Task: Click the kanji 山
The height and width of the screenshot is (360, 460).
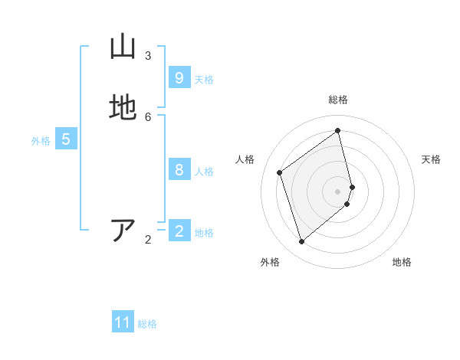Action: coord(122,47)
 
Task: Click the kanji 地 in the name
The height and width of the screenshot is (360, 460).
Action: coord(122,108)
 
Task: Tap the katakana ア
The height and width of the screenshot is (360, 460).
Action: coord(123,231)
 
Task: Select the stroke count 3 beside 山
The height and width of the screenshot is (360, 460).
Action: coord(148,55)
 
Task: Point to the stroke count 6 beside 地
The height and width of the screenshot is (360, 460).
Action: coord(148,116)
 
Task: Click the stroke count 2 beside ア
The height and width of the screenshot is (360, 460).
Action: coord(148,240)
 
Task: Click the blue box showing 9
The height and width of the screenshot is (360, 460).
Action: coord(179,78)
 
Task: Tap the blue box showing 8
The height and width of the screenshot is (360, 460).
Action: coord(179,170)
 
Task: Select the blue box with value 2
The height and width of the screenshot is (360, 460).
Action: coord(179,231)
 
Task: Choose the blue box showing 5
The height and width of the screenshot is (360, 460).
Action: coord(66,139)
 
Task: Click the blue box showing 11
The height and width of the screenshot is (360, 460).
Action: coord(123,322)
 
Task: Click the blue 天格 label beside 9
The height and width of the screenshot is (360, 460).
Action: coord(204,80)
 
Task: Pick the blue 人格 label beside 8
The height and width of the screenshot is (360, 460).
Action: coord(204,172)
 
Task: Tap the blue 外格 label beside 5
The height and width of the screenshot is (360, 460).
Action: coord(41,141)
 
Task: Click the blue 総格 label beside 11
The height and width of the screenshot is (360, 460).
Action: coord(147,324)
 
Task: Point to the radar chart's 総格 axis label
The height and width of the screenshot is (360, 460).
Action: coord(338,100)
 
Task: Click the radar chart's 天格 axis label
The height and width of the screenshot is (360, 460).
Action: coord(431,159)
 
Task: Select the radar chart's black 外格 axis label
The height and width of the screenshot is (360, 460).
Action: coord(270,262)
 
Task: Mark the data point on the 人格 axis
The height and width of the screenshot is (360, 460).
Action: coord(280,172)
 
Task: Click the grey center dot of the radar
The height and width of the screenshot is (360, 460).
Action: coord(338,191)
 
